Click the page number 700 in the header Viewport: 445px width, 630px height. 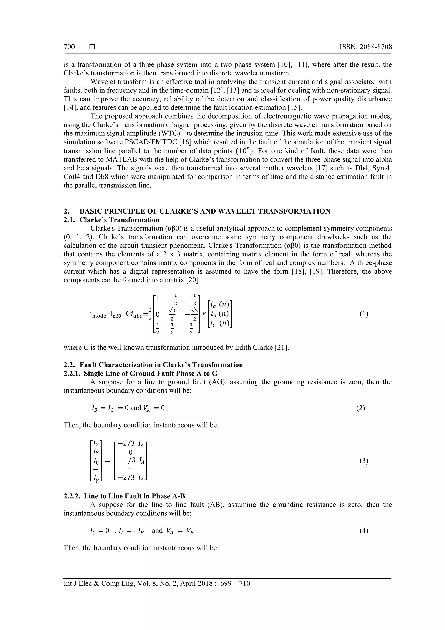click(69, 47)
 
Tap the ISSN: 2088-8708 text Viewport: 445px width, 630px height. click(365, 47)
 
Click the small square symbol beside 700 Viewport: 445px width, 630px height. click(92, 47)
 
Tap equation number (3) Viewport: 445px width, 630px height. click(364, 461)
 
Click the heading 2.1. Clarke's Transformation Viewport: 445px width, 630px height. click(112, 220)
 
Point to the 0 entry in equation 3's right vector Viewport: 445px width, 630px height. click(131, 452)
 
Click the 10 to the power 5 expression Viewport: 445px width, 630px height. click(246, 151)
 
